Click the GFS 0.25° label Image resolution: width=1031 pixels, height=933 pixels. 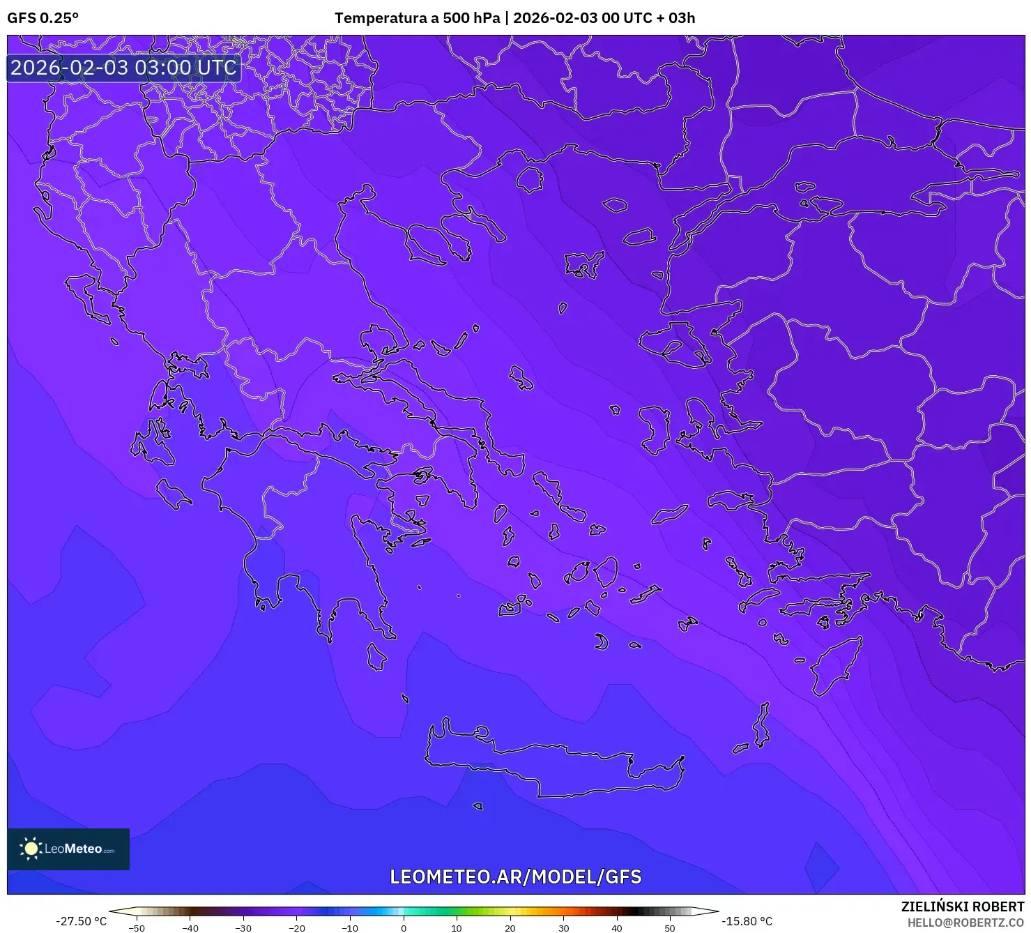click(x=43, y=18)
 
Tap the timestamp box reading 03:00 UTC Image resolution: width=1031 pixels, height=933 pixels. click(x=123, y=68)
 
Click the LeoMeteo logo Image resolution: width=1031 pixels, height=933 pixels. click(x=68, y=849)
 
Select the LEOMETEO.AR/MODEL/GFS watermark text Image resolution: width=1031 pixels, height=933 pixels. click(x=515, y=877)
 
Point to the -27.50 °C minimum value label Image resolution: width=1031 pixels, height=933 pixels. click(x=82, y=921)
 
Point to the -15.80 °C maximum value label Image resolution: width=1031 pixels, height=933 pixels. click(x=747, y=921)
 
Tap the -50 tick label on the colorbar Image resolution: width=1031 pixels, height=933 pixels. click(x=137, y=928)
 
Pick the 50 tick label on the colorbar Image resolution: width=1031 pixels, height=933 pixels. click(x=670, y=928)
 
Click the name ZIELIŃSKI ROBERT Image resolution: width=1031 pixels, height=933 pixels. click(x=963, y=907)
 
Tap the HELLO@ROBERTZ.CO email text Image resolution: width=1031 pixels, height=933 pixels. click(x=965, y=923)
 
